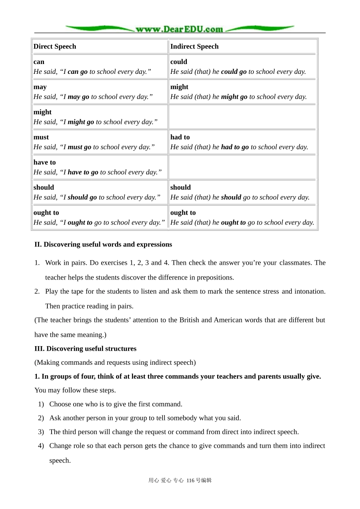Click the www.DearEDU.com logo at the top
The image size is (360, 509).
[x=180, y=29]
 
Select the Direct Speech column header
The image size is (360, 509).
[x=55, y=47]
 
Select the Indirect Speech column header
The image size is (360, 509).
[x=194, y=47]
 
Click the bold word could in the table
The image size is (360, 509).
[x=178, y=62]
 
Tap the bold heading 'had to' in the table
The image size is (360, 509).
[x=180, y=137]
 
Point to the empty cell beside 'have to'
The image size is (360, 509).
[x=243, y=167]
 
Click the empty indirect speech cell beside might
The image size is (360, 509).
[x=243, y=117]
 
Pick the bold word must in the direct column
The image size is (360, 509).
[x=41, y=137]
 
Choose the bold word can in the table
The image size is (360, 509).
[x=39, y=62]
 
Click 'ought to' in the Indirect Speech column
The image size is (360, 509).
[x=183, y=213]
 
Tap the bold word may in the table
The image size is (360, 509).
[x=40, y=87]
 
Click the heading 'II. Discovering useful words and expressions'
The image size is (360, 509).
[x=103, y=245]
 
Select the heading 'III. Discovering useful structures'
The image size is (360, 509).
[x=85, y=349]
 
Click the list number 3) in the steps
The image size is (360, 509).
[x=41, y=432]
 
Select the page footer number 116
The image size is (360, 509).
[x=190, y=481]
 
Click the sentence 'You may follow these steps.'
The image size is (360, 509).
[x=75, y=390]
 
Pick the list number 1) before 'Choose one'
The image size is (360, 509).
[x=41, y=404]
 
